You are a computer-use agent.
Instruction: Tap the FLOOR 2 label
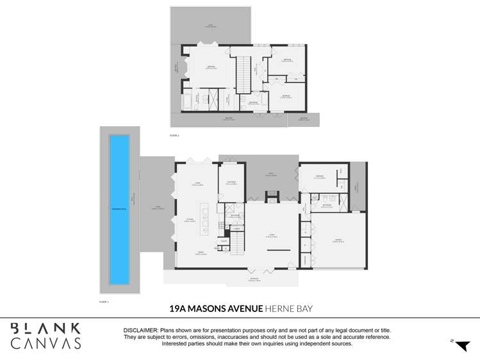coord(174,136)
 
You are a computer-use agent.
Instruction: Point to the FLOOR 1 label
coord(104,300)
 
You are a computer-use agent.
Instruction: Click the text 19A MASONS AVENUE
coord(216,308)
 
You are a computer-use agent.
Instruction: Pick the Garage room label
coord(337,241)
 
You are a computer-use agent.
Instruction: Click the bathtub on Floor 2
coord(188,101)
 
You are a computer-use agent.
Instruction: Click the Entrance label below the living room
coord(254,279)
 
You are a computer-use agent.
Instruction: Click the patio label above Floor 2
coord(210,26)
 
